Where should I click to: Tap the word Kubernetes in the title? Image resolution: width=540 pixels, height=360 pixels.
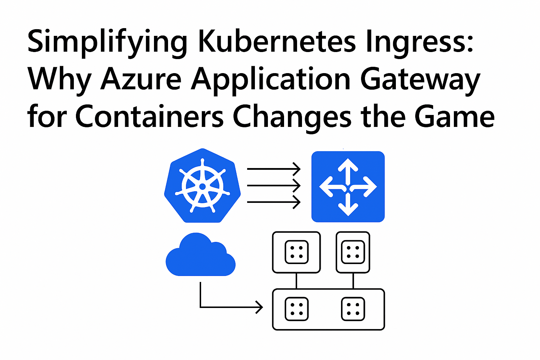tap(277, 40)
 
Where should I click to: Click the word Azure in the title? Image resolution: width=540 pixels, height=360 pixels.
tap(141, 78)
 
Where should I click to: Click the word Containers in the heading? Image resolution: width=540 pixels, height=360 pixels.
tap(149, 116)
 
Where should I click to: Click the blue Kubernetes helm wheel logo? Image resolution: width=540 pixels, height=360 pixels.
tap(202, 186)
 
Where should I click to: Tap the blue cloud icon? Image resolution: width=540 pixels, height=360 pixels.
tap(201, 255)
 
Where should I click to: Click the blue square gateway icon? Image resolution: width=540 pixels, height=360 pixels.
tap(348, 187)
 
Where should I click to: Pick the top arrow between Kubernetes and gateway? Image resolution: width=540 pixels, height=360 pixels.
tap(274, 169)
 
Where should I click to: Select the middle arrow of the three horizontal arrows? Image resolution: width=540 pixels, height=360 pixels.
tap(274, 185)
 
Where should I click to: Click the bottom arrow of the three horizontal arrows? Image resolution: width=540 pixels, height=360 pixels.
tap(274, 202)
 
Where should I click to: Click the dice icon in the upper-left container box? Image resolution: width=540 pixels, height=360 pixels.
tap(296, 252)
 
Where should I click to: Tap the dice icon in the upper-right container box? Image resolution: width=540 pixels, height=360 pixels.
tap(353, 252)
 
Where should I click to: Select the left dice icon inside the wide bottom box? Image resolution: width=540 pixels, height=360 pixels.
tap(296, 309)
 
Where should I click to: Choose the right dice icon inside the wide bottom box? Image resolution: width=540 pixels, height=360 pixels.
tap(353, 309)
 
